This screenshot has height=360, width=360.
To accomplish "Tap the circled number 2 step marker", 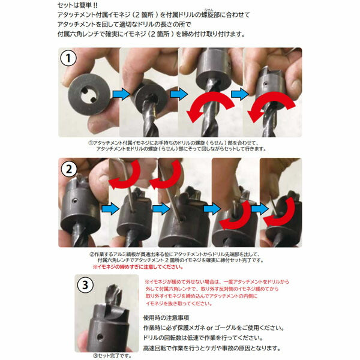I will coord(68,170).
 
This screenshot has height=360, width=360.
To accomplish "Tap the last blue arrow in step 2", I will coord(260,208).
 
